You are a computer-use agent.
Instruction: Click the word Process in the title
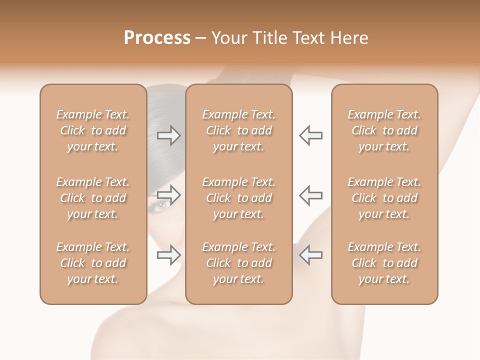pos(157,38)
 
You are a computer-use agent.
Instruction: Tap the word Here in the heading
pos(348,38)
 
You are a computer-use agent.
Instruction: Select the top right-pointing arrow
pos(169,135)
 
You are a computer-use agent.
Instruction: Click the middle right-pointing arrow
pos(169,195)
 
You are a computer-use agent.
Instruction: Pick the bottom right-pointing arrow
pos(169,255)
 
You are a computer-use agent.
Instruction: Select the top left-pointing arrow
pos(310,135)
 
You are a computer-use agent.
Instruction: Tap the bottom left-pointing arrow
pos(310,255)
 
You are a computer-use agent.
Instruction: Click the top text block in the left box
pos(93,130)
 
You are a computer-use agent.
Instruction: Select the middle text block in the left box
pos(93,198)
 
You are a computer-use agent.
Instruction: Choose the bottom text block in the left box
pos(93,263)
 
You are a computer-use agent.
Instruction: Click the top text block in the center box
pos(239,130)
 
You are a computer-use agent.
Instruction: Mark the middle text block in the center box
pos(239,198)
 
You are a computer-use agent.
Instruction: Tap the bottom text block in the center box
pos(239,263)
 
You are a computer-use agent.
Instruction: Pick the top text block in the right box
pos(384,130)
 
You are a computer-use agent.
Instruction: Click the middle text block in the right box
pos(384,198)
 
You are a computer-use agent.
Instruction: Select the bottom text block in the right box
pos(384,263)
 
